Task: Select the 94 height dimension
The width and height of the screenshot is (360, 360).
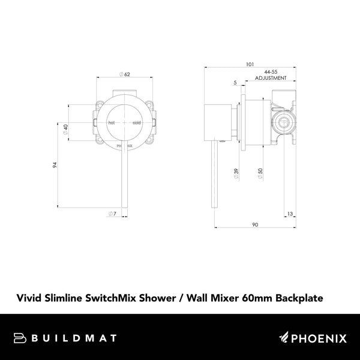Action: coord(55,166)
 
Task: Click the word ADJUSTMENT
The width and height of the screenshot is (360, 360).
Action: coord(271,78)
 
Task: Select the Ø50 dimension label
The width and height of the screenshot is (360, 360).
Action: coord(259,172)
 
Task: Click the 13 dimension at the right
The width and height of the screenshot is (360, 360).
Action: coord(290,214)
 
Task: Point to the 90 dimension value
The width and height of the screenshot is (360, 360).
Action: coord(254,224)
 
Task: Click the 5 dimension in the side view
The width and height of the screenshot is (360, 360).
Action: coord(236,82)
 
